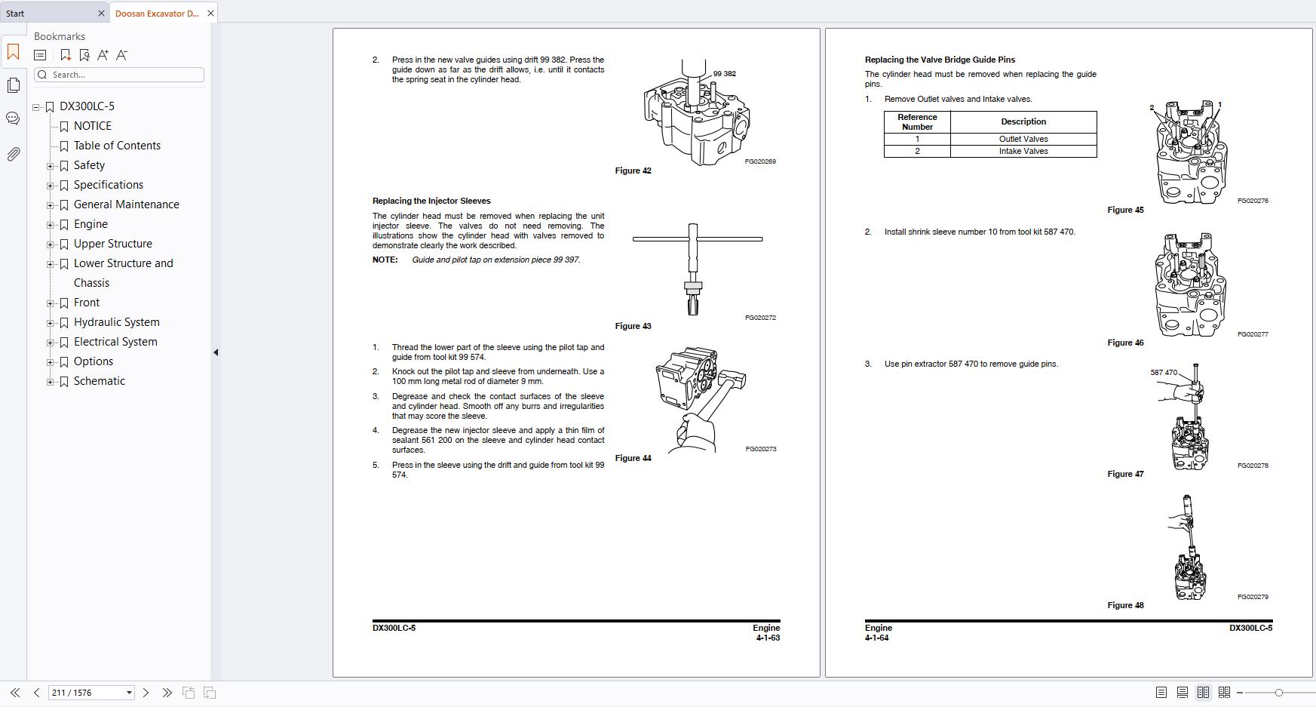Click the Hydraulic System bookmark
point(116,322)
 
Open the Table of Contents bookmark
point(117,146)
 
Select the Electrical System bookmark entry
point(115,342)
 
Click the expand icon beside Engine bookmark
point(51,225)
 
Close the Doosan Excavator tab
point(210,13)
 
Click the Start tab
point(15,13)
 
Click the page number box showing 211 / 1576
point(85,693)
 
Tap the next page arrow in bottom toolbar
point(146,693)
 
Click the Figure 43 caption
point(633,326)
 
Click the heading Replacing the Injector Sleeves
point(431,201)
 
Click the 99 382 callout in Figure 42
point(724,74)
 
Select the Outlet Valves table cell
point(1023,139)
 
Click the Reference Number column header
point(917,122)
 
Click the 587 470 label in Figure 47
point(1163,373)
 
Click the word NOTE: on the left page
point(385,260)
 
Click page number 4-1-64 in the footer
point(876,638)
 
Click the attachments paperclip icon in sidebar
point(13,155)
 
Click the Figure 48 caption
point(1125,605)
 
